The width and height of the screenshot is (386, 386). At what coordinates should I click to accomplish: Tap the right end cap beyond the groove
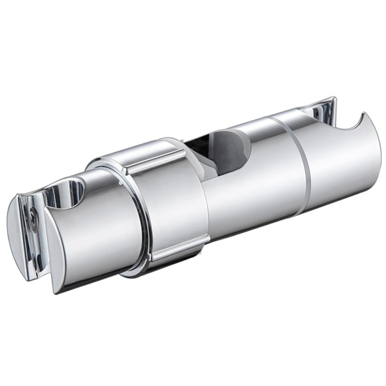[x=340, y=162]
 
